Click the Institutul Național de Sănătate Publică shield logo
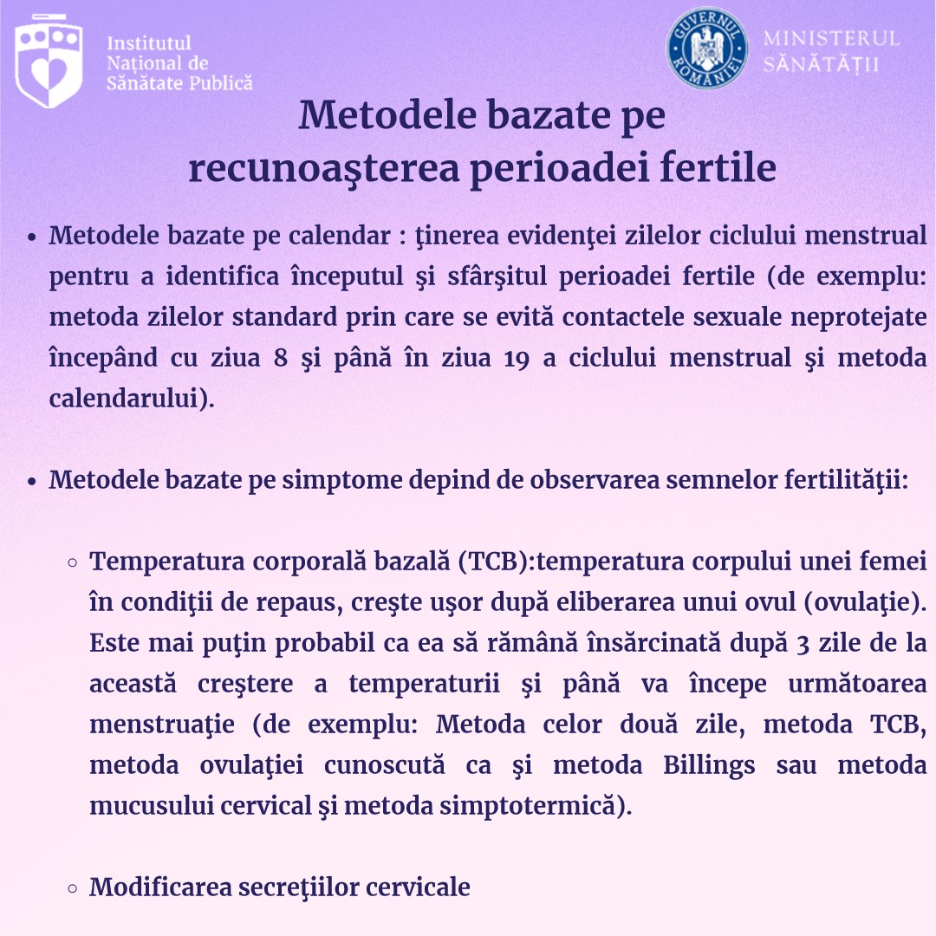(49, 61)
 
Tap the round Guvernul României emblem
(707, 48)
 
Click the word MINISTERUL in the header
(831, 39)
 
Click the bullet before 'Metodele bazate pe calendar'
(31, 237)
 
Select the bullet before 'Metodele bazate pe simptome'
(31, 481)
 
